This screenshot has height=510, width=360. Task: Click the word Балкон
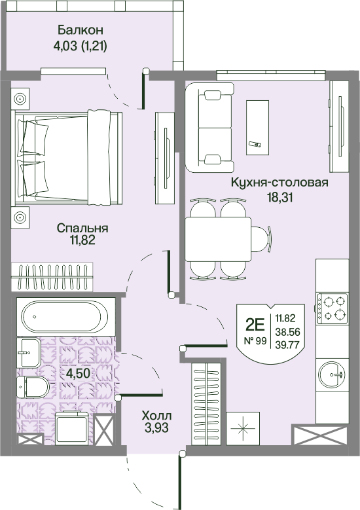(x=81, y=30)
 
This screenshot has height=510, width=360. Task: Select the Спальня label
(x=82, y=228)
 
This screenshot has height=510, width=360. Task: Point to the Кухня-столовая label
(x=279, y=183)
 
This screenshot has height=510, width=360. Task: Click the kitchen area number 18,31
(x=280, y=198)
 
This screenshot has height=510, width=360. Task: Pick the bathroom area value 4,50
(x=78, y=373)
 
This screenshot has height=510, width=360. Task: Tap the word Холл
(x=156, y=415)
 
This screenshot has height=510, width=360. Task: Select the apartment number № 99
(x=255, y=341)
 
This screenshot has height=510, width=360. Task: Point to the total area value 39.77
(x=287, y=344)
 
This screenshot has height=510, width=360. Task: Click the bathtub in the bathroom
(x=64, y=316)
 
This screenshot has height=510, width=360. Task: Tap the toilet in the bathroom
(x=33, y=388)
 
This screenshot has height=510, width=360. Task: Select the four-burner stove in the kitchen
(x=332, y=308)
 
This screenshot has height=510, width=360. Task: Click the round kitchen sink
(x=332, y=374)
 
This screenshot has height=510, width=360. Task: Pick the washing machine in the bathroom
(x=71, y=428)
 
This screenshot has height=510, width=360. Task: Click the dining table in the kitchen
(x=218, y=239)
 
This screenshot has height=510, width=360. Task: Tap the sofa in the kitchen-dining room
(x=209, y=128)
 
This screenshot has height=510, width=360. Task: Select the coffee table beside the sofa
(x=257, y=128)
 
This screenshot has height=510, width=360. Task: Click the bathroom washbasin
(x=29, y=352)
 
